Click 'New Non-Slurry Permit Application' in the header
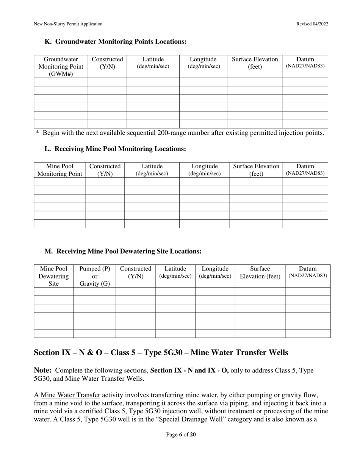click(68, 24)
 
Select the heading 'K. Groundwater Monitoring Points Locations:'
click(116, 42)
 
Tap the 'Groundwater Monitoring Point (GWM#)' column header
click(61, 66)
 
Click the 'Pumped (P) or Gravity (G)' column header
click(95, 276)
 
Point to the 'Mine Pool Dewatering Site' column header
click(54, 276)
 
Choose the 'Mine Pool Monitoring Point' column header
click(59, 170)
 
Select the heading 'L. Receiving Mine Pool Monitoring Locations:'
click(115, 149)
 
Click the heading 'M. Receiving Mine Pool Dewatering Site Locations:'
click(123, 251)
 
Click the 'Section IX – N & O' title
click(161, 353)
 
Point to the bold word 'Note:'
click(43, 371)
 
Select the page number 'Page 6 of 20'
click(181, 435)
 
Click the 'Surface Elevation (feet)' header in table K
click(255, 63)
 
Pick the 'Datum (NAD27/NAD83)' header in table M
click(308, 272)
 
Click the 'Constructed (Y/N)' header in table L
click(105, 170)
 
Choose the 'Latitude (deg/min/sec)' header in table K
click(153, 63)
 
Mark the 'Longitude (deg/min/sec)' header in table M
click(215, 272)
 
